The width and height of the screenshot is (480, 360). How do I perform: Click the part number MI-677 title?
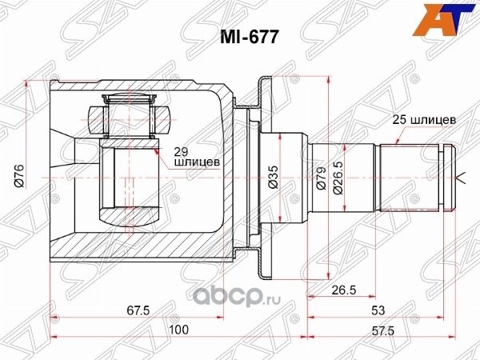[250, 38]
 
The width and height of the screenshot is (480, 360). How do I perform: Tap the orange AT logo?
[445, 19]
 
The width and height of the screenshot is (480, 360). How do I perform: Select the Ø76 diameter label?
[19, 175]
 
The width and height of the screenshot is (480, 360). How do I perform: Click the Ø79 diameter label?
[322, 178]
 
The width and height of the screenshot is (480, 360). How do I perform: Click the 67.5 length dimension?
[138, 310]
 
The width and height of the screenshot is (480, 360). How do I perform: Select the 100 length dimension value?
[178, 330]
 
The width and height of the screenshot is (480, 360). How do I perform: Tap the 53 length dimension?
[378, 310]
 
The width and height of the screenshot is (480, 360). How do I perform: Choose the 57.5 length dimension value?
[383, 330]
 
